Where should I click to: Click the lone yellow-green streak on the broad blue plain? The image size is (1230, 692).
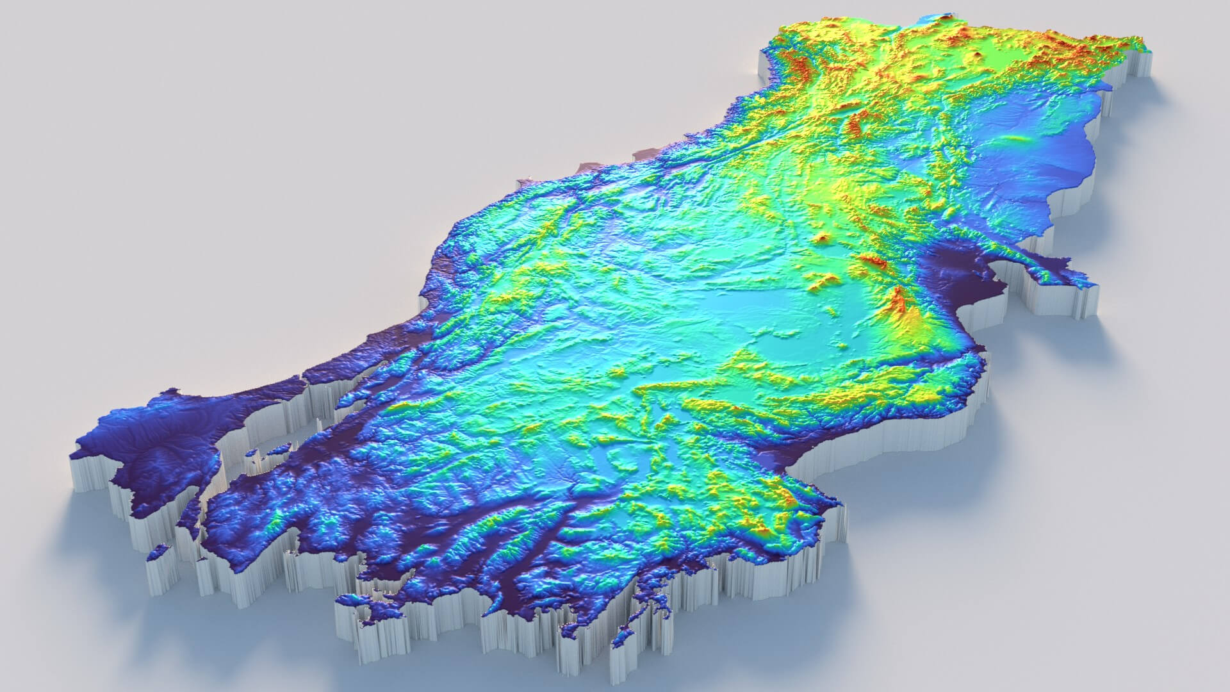(x=1015, y=138)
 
